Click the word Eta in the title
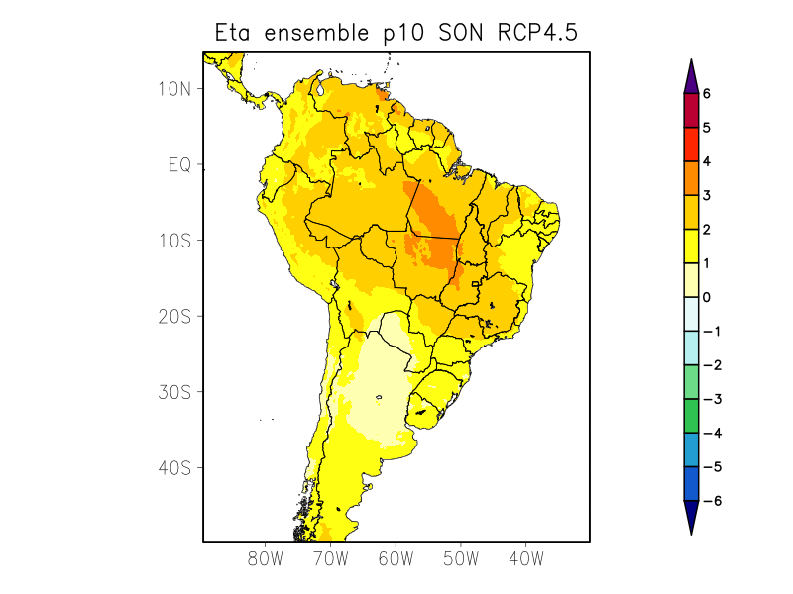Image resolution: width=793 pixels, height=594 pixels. (x=235, y=33)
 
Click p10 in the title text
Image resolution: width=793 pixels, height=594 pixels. (x=404, y=34)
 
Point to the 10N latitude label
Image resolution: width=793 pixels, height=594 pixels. (x=173, y=88)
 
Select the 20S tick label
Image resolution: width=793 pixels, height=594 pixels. (x=173, y=316)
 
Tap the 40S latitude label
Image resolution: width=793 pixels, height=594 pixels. (x=173, y=467)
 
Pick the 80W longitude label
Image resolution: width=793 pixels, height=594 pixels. (x=266, y=558)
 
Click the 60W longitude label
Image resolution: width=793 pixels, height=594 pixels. (x=396, y=558)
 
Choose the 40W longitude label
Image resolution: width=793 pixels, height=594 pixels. (x=525, y=558)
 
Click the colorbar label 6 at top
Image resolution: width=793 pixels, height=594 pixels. (x=707, y=94)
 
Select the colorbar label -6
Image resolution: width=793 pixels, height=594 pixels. (x=711, y=501)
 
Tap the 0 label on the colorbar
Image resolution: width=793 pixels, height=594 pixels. (x=707, y=297)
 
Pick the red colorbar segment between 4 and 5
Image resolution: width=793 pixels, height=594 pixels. (x=691, y=145)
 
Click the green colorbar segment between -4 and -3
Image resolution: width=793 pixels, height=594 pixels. (x=691, y=416)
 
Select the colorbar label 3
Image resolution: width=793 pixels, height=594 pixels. (x=707, y=196)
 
